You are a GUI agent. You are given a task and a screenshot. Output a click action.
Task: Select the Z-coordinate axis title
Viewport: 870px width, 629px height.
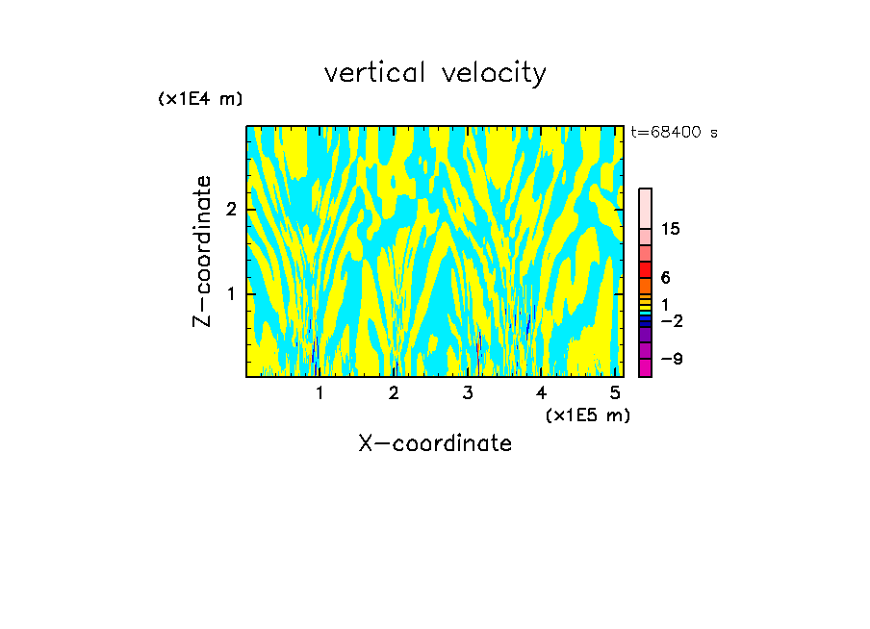pos(202,251)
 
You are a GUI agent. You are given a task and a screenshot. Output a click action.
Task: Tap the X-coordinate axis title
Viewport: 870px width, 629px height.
pos(435,443)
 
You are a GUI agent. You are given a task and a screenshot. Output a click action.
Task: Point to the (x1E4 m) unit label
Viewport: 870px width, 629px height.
pos(200,99)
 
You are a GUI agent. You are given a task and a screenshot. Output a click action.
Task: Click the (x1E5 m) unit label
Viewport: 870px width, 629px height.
pos(587,415)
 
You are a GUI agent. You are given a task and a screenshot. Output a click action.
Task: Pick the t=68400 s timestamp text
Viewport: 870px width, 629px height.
pos(674,133)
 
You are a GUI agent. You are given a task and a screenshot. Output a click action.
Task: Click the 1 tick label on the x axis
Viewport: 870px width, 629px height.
pos(320,393)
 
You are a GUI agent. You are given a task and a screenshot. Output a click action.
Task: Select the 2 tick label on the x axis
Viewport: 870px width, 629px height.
pos(394,393)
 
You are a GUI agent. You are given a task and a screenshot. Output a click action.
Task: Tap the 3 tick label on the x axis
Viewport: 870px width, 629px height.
pos(468,393)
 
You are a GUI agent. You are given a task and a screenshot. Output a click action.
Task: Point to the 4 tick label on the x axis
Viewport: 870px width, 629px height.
pos(542,393)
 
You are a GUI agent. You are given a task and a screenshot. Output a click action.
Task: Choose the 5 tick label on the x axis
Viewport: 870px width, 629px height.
pos(615,393)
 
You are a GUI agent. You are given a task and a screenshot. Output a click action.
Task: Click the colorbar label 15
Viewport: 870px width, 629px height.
pos(671,229)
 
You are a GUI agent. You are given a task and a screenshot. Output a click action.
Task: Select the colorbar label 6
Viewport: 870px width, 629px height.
pos(665,278)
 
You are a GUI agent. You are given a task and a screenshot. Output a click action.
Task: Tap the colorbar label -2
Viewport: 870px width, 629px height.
pos(670,320)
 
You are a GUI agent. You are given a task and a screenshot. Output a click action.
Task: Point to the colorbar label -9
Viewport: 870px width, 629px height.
pos(670,359)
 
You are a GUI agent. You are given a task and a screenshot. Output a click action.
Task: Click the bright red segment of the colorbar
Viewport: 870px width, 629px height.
pos(646,269)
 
